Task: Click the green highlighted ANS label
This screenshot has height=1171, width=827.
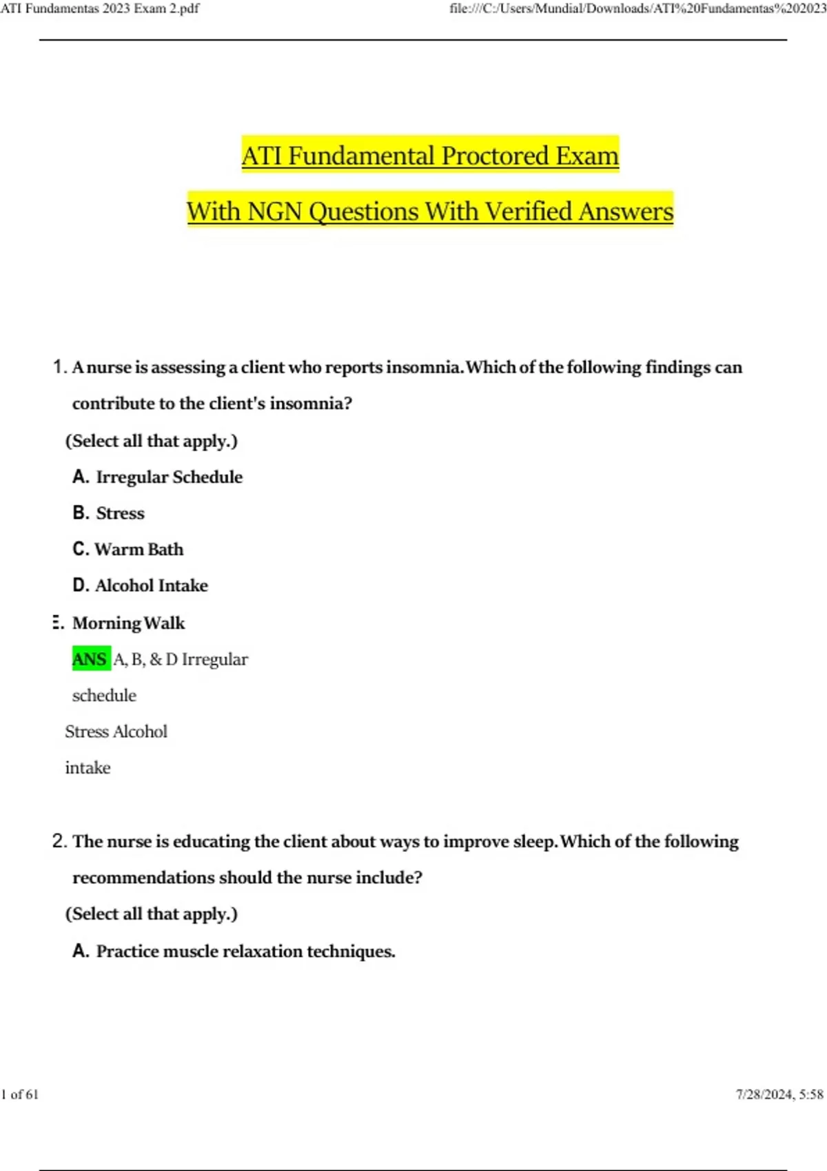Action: point(90,659)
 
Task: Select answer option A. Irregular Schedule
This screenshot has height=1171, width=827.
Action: point(158,477)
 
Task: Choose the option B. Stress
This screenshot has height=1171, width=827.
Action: point(109,513)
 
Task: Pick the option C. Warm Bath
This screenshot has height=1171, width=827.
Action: point(128,549)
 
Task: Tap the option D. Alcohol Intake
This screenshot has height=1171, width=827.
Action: point(141,585)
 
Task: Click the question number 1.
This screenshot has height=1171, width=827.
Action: point(59,366)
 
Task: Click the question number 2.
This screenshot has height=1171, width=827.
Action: point(59,841)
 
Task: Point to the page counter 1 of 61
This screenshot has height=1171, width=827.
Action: point(20,1095)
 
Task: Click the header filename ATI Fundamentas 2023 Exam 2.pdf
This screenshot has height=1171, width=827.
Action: point(100,9)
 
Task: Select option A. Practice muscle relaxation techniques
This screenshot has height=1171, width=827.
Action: point(234,951)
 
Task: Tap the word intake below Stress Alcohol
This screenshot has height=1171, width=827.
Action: point(88,767)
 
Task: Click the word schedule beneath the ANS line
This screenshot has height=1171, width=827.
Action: point(104,695)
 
